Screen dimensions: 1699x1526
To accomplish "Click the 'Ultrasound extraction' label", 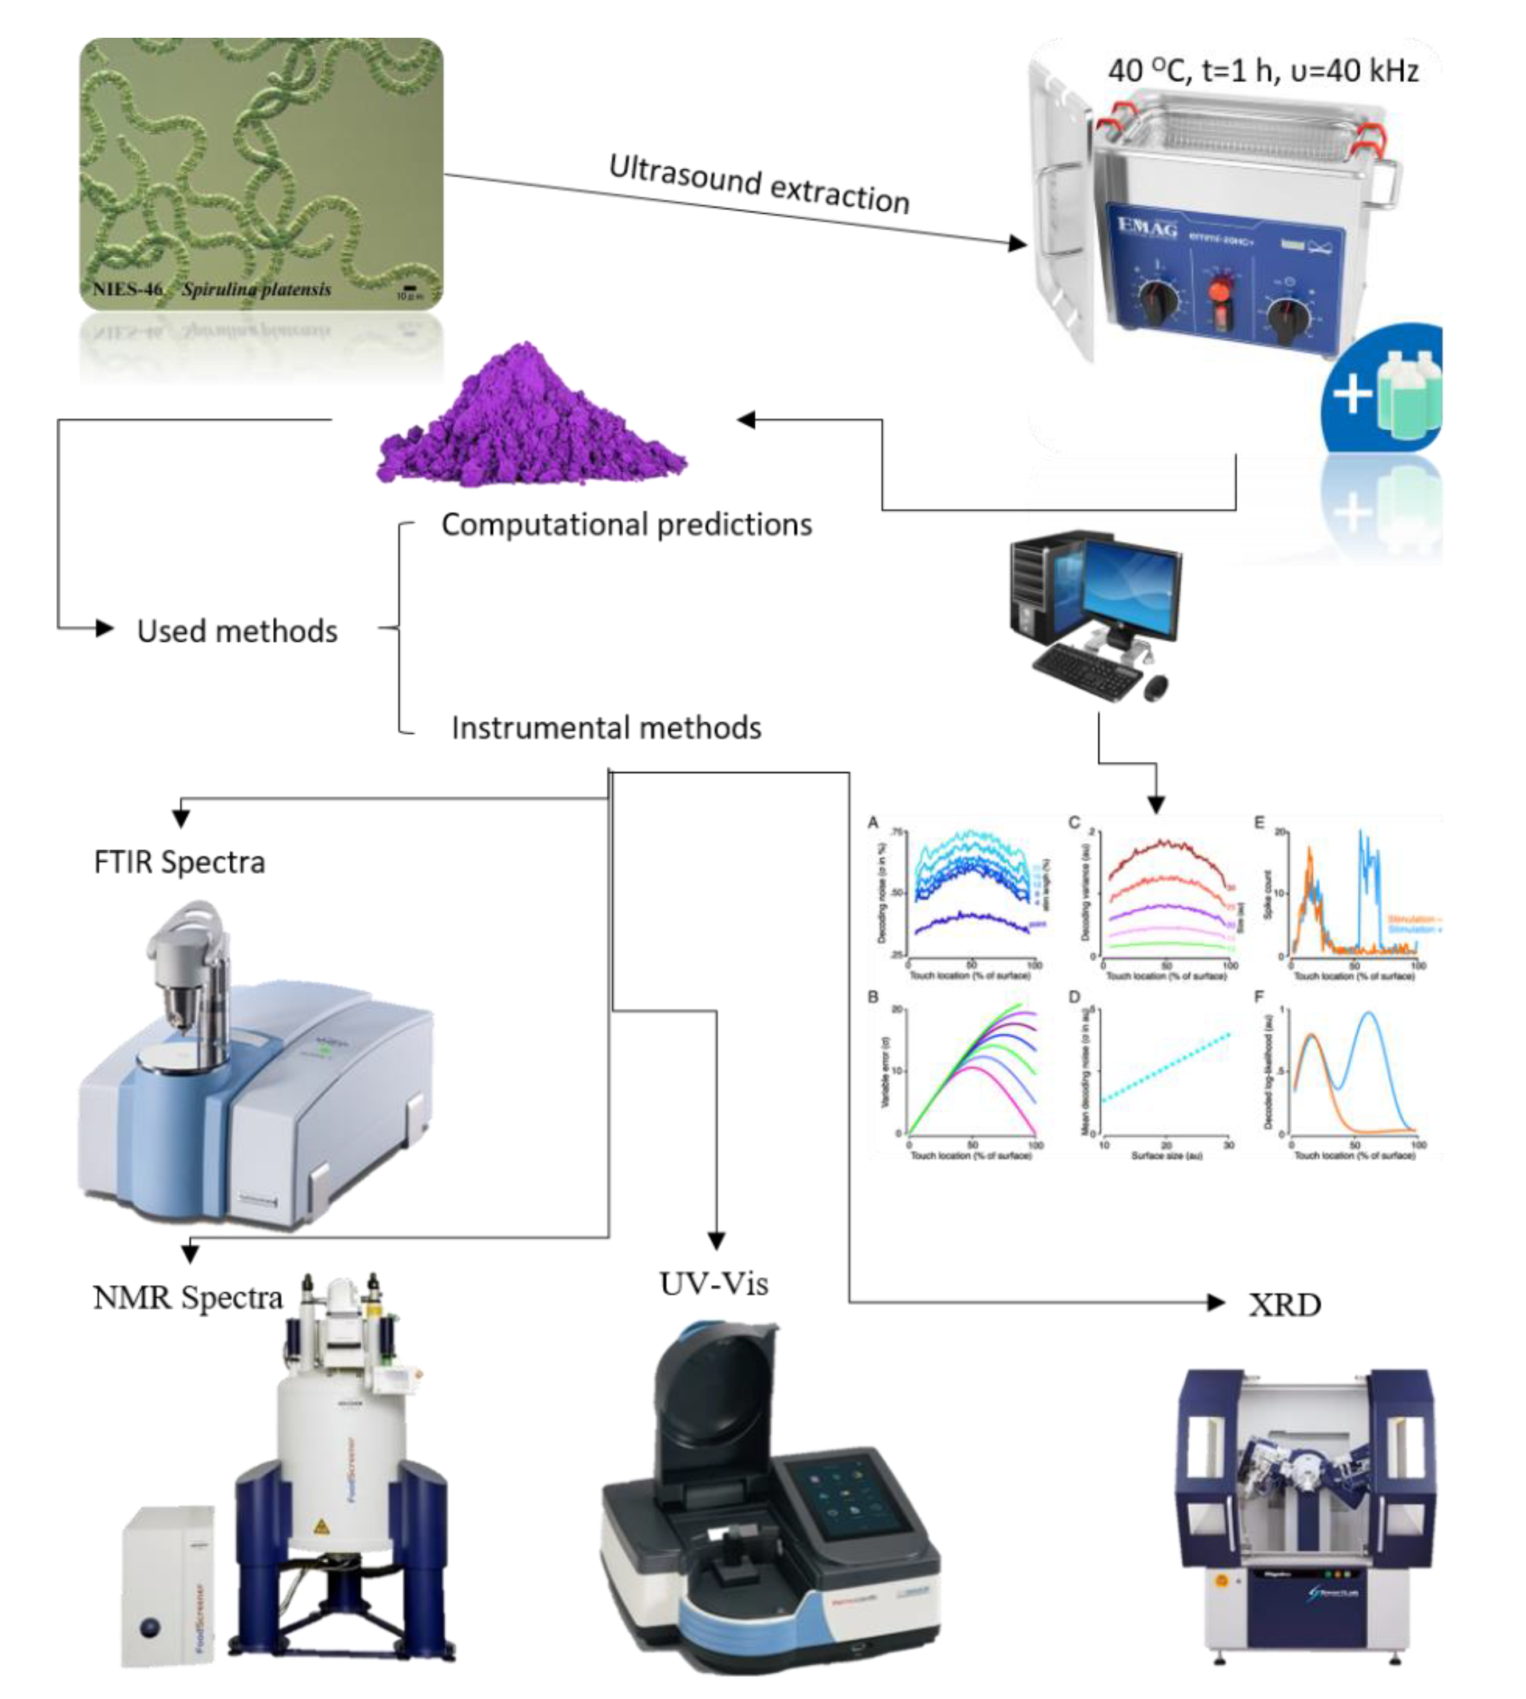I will click(x=759, y=183).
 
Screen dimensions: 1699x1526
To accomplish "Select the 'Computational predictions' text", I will click(x=626, y=525).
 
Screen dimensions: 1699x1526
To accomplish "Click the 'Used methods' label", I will click(x=237, y=631).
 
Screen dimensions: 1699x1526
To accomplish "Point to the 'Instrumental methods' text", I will click(x=606, y=727).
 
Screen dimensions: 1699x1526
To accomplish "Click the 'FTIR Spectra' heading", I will click(x=180, y=862).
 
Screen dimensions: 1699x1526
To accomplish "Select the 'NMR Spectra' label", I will click(x=188, y=1297).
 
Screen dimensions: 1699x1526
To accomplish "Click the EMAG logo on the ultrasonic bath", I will click(x=1147, y=227).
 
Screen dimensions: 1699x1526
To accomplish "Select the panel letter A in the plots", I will click(x=874, y=823).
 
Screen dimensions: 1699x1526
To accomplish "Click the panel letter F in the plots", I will click(x=1258, y=997).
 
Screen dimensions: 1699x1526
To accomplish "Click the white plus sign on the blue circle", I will click(x=1351, y=392).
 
